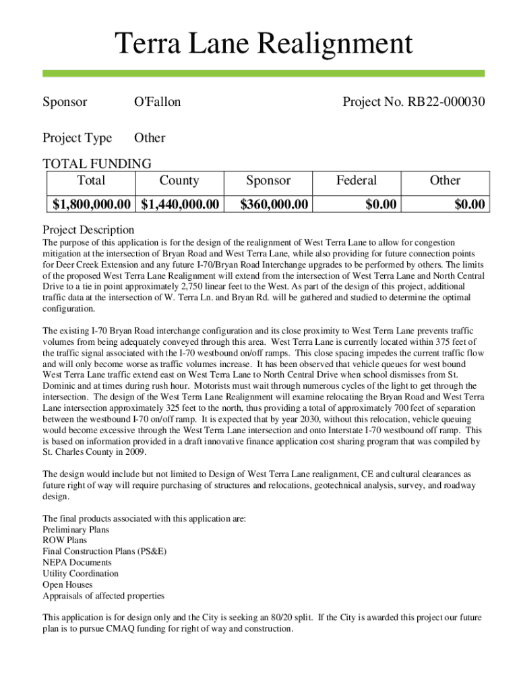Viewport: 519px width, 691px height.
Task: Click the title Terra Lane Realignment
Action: [263, 45]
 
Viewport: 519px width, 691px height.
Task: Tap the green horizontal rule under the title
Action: [263, 73]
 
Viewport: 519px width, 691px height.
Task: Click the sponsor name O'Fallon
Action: [157, 103]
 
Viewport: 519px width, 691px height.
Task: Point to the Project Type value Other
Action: [149, 138]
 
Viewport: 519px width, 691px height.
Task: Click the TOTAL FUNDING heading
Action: [97, 163]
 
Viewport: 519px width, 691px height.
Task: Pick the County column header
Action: [179, 180]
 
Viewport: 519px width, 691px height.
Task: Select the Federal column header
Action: [357, 180]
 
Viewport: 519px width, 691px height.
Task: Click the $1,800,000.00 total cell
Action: [92, 204]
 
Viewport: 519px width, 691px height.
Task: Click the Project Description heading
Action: [88, 229]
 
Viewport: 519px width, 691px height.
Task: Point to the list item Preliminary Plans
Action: [75, 530]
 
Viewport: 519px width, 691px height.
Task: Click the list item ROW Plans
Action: [65, 541]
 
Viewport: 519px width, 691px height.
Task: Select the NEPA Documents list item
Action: [77, 563]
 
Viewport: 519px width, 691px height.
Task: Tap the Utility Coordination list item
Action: [80, 574]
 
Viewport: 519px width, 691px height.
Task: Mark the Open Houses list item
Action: [67, 584]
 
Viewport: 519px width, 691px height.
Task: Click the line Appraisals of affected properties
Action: [103, 596]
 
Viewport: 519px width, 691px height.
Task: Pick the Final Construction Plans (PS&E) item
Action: [104, 551]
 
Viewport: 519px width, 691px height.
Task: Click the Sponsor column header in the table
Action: [268, 180]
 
